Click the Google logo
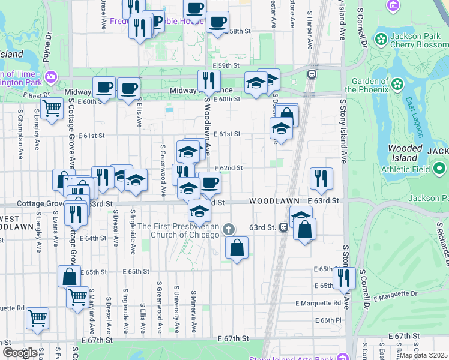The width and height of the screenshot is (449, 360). click(x=20, y=353)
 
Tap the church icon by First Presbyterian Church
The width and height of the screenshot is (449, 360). click(x=228, y=229)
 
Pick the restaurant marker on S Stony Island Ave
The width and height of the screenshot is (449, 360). click(x=344, y=277)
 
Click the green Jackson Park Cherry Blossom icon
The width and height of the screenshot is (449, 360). click(x=381, y=40)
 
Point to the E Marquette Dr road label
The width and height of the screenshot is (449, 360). click(x=394, y=295)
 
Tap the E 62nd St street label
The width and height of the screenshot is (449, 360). click(x=228, y=169)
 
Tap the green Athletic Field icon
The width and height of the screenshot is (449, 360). click(x=440, y=168)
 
